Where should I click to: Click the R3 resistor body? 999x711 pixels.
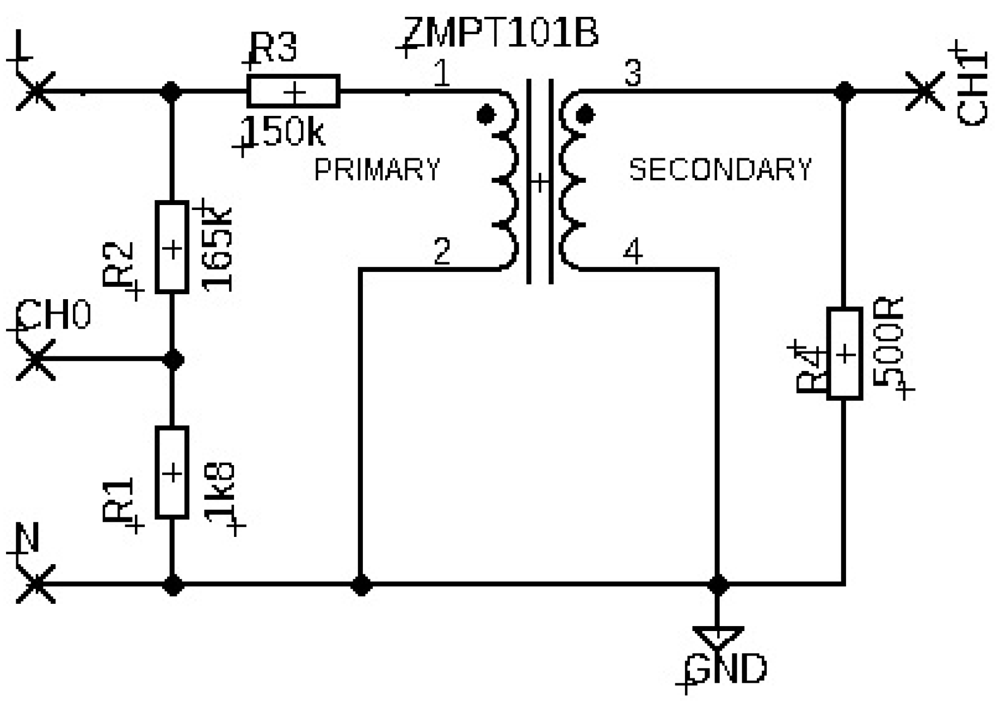point(293,91)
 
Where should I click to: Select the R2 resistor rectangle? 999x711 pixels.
point(172,248)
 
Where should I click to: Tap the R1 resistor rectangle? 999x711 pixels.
point(172,472)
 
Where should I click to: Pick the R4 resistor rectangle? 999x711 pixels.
point(844,354)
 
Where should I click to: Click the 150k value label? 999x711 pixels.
point(283,132)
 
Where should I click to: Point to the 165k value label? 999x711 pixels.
point(218,249)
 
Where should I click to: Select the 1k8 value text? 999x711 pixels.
point(220,492)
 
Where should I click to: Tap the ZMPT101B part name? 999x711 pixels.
point(501,33)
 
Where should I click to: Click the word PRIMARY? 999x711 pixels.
point(377,170)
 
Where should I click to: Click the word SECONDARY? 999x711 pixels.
point(720,170)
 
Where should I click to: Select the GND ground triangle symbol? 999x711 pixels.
point(718,636)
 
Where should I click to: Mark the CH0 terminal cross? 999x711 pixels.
point(36,360)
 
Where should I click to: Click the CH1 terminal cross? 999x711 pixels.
point(924,91)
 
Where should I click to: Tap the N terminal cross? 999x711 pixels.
point(36,584)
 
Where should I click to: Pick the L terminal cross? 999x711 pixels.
point(36,91)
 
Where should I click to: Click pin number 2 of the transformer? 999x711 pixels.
point(442,251)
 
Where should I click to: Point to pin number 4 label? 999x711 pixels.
point(633,251)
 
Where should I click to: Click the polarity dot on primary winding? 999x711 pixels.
point(485,115)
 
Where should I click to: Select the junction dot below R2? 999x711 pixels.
point(173,360)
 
